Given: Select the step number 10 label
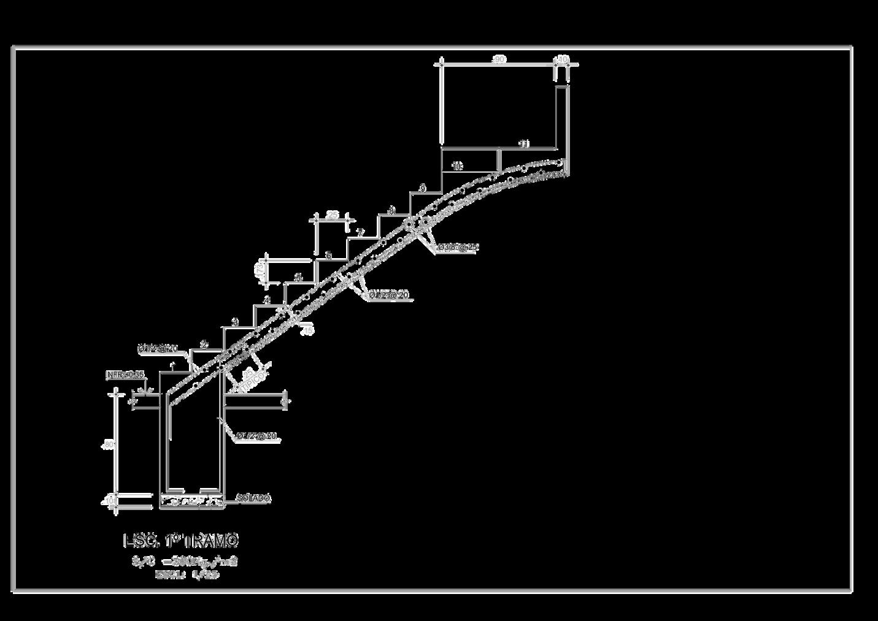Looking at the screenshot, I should pyautogui.click(x=457, y=166).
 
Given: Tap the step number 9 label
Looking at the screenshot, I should pyautogui.click(x=422, y=188).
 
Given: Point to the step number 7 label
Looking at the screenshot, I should pyautogui.click(x=361, y=233).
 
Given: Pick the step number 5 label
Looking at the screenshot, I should pyautogui.click(x=299, y=278).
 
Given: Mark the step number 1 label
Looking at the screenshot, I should pyautogui.click(x=174, y=367).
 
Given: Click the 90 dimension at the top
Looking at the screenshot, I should pyautogui.click(x=500, y=59).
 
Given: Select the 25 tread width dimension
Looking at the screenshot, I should pyautogui.click(x=332, y=215).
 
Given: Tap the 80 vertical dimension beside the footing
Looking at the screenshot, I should pyautogui.click(x=109, y=445).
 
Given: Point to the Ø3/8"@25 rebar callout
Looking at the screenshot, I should pyautogui.click(x=458, y=247).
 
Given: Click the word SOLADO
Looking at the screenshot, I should pyautogui.click(x=253, y=498).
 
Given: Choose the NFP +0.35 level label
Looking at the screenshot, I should pyautogui.click(x=125, y=374).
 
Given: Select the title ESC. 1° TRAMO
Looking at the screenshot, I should pyautogui.click(x=181, y=541).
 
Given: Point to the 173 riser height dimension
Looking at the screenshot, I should pyautogui.click(x=260, y=269).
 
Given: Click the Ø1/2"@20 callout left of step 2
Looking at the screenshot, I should pyautogui.click(x=158, y=348).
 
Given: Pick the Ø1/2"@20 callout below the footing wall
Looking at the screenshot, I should pyautogui.click(x=256, y=436).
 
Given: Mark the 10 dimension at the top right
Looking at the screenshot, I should pyautogui.click(x=562, y=59).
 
